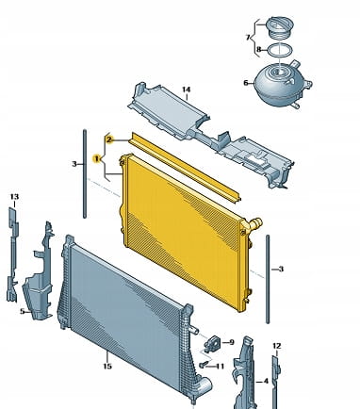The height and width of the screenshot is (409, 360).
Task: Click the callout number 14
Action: coord(187,90)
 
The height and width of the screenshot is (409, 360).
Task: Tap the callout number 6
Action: coord(246,83)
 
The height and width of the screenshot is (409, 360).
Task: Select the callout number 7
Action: coord(248,38)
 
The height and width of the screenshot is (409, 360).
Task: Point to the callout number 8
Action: coord(259,49)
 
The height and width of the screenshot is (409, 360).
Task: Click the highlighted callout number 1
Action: coord(97,159)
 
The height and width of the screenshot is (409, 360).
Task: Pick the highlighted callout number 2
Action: coord(108,139)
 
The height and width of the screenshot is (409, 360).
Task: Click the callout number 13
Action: coord(14,197)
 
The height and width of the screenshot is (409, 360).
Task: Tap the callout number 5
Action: coord(23,312)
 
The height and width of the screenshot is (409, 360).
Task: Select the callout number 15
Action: coord(107,367)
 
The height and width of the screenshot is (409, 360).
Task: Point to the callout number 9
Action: coord(232,342)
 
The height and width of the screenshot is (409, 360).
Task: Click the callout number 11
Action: coord(221,367)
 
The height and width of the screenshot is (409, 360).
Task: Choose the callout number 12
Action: coord(276,346)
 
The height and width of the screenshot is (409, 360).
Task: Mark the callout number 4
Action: coord(266,382)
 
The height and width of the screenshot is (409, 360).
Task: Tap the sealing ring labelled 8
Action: coord(280,50)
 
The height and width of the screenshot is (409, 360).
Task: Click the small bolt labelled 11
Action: coord(204,365)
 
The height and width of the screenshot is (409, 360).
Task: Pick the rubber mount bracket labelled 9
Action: coord(212,343)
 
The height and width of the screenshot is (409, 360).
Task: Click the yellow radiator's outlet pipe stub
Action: coord(255,223)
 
